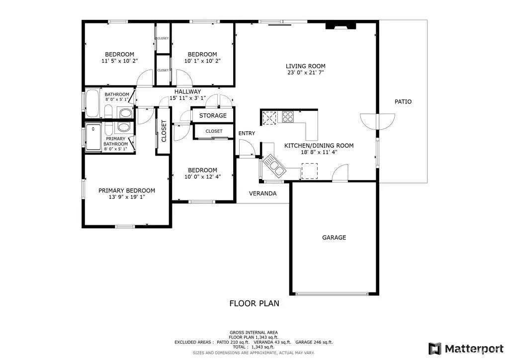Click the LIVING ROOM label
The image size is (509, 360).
(306, 66)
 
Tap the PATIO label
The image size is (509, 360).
(403, 101)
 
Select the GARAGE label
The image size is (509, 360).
(334, 237)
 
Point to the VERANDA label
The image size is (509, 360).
(262, 193)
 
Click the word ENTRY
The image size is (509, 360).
(247, 133)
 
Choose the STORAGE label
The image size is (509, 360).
(213, 115)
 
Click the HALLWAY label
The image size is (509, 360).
(187, 91)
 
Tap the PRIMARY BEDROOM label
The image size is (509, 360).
(127, 190)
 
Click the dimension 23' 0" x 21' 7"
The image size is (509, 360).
(306, 73)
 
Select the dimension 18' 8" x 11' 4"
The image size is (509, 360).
(319, 152)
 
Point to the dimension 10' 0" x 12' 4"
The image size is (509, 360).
(203, 177)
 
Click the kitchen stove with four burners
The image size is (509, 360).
(288, 116)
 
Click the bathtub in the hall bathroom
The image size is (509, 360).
(92, 103)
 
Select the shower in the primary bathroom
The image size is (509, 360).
(93, 137)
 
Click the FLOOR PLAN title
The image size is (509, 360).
(254, 303)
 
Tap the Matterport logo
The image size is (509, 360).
(466, 349)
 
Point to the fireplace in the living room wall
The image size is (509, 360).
(340, 26)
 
